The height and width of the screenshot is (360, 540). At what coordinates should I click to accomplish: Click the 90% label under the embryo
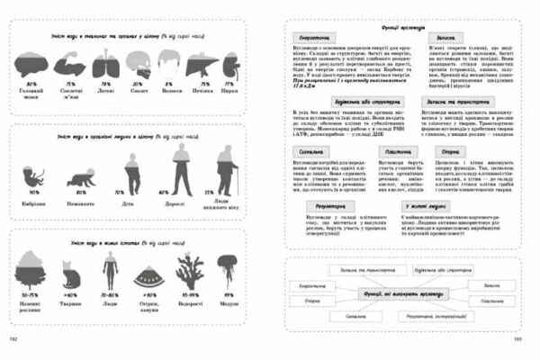[36, 193]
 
